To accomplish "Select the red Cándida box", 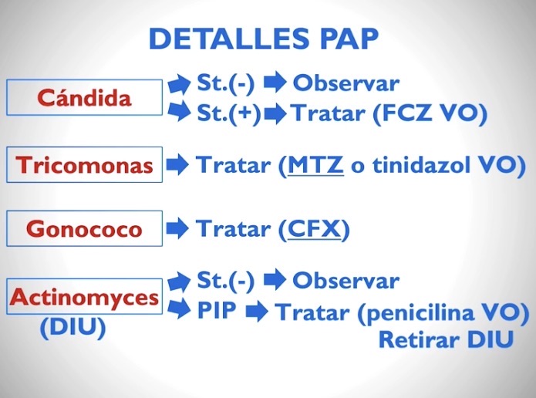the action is [84, 97].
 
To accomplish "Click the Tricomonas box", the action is [84, 165].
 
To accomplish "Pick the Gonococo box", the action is [84, 228].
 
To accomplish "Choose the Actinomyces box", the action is [84, 296].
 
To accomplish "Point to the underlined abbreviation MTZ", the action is [315, 165].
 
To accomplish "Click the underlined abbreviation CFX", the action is [314, 229].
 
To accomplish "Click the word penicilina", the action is [420, 313].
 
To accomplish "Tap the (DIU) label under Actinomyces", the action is [72, 327].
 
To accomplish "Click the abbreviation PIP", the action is [217, 310].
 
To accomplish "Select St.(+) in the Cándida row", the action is [229, 113].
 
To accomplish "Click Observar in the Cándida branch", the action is [346, 83].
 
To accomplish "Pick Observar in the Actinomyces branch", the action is [346, 281].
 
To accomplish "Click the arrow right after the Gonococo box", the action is [177, 228].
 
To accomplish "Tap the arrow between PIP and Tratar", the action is [257, 312].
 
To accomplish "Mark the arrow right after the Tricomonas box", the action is [177, 165].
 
